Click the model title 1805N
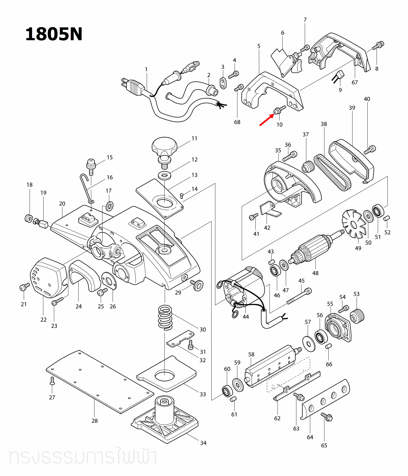click(x=54, y=34)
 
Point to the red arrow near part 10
click(x=266, y=120)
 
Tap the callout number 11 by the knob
click(x=194, y=138)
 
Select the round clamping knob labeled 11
click(x=164, y=146)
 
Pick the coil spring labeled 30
click(x=165, y=317)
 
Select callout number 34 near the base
click(x=203, y=443)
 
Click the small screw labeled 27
click(x=53, y=381)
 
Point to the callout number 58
click(x=251, y=354)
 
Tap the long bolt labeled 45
click(x=299, y=296)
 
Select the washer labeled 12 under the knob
click(x=164, y=175)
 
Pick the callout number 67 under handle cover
click(x=355, y=82)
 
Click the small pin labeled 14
click(x=182, y=195)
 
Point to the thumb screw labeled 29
click(x=197, y=285)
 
